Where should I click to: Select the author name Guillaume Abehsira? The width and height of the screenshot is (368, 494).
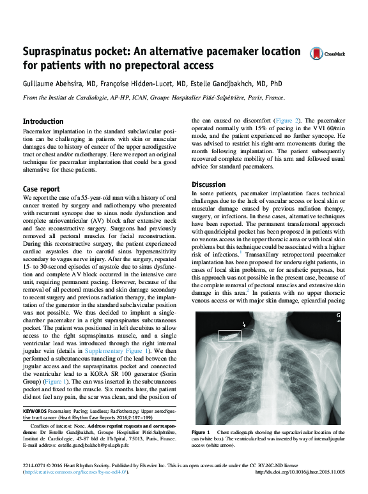56,84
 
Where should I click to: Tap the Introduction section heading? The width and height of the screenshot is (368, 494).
43,121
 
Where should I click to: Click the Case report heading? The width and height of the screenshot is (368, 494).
42,189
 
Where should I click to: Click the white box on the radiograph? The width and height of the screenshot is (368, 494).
228,334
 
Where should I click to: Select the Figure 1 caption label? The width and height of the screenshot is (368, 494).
203,432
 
